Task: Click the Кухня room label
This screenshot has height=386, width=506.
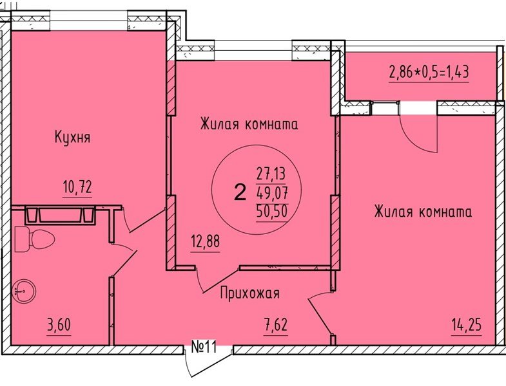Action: pyautogui.click(x=72, y=137)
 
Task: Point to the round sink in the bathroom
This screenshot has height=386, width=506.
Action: pyautogui.click(x=23, y=291)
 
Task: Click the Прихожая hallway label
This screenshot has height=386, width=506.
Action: pyautogui.click(x=249, y=293)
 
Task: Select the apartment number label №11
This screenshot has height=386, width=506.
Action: pyautogui.click(x=203, y=349)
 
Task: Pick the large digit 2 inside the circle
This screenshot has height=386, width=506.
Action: pyautogui.click(x=240, y=192)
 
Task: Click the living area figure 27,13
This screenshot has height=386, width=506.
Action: pyautogui.click(x=270, y=173)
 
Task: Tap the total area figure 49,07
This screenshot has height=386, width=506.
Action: pyautogui.click(x=270, y=192)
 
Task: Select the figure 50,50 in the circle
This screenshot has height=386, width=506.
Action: pyautogui.click(x=270, y=210)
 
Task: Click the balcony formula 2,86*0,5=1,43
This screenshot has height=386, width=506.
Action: pyautogui.click(x=427, y=71)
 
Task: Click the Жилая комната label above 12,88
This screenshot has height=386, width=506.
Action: pyautogui.click(x=249, y=124)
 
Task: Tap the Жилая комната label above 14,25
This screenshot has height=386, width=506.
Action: pyautogui.click(x=422, y=212)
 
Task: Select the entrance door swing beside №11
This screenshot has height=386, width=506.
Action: pyautogui.click(x=191, y=364)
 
